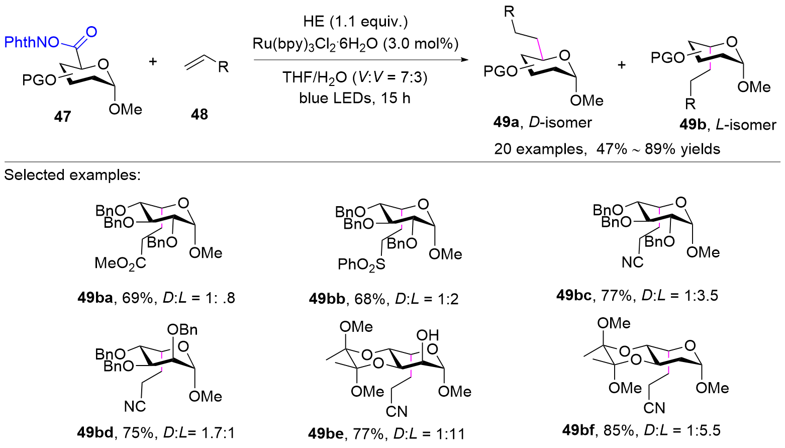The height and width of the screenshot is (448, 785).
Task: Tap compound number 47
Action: (x=62, y=116)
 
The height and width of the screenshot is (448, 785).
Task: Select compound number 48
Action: (x=199, y=114)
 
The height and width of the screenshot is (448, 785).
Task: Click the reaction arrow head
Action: (x=465, y=60)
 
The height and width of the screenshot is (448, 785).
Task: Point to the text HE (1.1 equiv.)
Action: (x=356, y=22)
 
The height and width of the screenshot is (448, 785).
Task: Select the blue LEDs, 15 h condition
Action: (x=355, y=98)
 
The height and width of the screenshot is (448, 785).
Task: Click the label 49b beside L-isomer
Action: (x=693, y=125)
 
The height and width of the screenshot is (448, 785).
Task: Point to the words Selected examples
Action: (x=72, y=174)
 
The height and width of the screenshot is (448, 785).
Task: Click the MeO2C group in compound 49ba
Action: (x=120, y=263)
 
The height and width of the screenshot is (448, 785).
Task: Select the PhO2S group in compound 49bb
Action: (x=361, y=264)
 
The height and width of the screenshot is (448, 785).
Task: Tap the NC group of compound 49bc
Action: (x=633, y=262)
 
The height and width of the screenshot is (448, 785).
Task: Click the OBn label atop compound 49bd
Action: (x=182, y=329)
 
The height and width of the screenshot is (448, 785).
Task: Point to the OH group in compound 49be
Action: (x=428, y=335)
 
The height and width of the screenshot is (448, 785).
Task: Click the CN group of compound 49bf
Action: (x=654, y=408)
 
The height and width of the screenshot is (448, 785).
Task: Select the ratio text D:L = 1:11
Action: (x=429, y=433)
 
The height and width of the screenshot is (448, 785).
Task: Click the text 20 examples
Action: (x=540, y=149)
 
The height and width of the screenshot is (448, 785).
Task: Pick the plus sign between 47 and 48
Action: (x=153, y=62)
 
